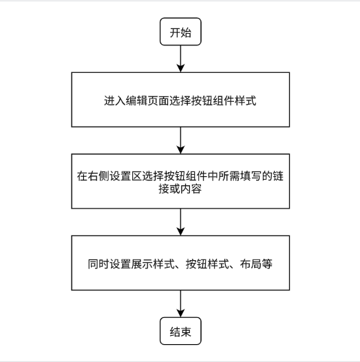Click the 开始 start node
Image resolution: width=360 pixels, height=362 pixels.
pyautogui.click(x=180, y=33)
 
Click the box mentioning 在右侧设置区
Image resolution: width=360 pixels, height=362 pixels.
pyautogui.click(x=180, y=182)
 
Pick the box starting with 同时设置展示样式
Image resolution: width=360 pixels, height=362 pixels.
pyautogui.click(x=180, y=264)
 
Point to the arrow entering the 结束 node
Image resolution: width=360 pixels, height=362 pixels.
pyautogui.click(x=180, y=304)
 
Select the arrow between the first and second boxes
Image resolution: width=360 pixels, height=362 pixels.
pyautogui.click(x=180, y=140)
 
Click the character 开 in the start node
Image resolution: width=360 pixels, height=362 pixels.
pyautogui.click(x=175, y=33)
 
